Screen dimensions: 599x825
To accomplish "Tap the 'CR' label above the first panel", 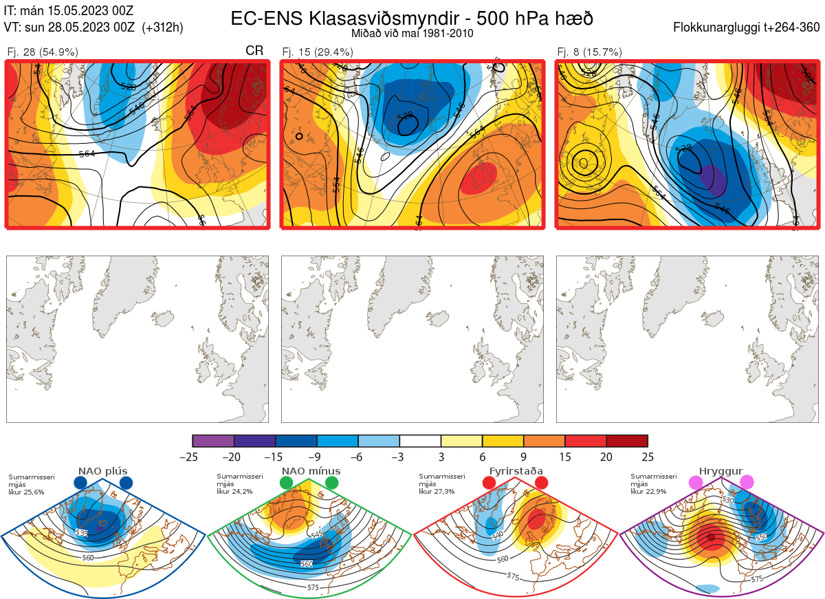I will [x=254, y=52].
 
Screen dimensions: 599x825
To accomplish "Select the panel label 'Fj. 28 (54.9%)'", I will [x=43, y=52].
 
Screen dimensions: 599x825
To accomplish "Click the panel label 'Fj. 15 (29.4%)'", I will [x=318, y=52].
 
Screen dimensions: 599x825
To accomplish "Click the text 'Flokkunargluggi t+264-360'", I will [x=747, y=28].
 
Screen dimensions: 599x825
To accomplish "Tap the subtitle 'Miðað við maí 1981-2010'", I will [x=412, y=33].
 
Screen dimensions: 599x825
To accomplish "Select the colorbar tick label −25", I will [x=192, y=457].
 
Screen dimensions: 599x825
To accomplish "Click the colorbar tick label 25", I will [x=648, y=457].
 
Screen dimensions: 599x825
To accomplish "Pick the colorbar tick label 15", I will [x=564, y=457].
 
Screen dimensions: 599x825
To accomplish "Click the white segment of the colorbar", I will [x=420, y=441].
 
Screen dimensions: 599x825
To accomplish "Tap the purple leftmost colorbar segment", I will [x=213, y=441].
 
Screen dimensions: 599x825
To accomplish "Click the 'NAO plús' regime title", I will [x=102, y=471].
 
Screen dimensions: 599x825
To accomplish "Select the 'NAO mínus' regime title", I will [x=311, y=471].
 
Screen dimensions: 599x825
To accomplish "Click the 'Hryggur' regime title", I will [x=720, y=471].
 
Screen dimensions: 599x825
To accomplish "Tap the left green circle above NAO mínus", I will [x=286, y=483].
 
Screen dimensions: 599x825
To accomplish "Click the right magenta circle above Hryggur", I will [x=746, y=483].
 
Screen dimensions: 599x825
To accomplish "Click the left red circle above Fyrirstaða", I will [x=489, y=483].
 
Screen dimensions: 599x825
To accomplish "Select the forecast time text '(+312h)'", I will [x=162, y=28].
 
